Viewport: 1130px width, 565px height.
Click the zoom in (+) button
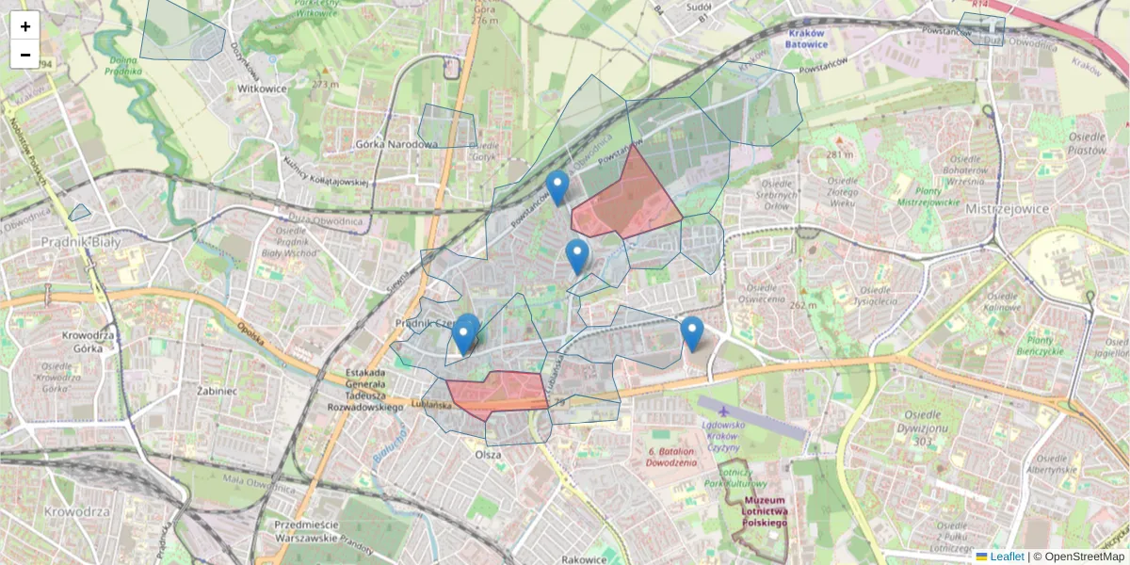pyautogui.click(x=25, y=26)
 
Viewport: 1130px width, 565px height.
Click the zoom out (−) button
pyautogui.click(x=25, y=55)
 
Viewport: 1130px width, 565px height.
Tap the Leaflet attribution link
pyautogui.click(x=1007, y=557)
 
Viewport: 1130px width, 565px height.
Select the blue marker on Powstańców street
pyautogui.click(x=557, y=187)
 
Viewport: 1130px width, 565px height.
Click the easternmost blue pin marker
pyautogui.click(x=692, y=333)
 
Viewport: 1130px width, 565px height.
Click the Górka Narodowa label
pyautogui.click(x=397, y=144)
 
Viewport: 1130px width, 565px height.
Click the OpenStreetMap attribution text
pyautogui.click(x=1078, y=557)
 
